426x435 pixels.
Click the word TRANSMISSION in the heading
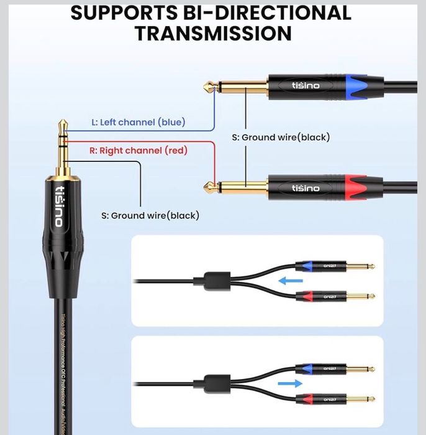pos(213,32)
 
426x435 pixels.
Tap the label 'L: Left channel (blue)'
pos(138,122)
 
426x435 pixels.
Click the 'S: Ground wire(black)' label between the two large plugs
pos(281,137)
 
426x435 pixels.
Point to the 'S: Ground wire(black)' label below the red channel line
pos(150,215)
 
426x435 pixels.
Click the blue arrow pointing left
pos(290,281)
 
